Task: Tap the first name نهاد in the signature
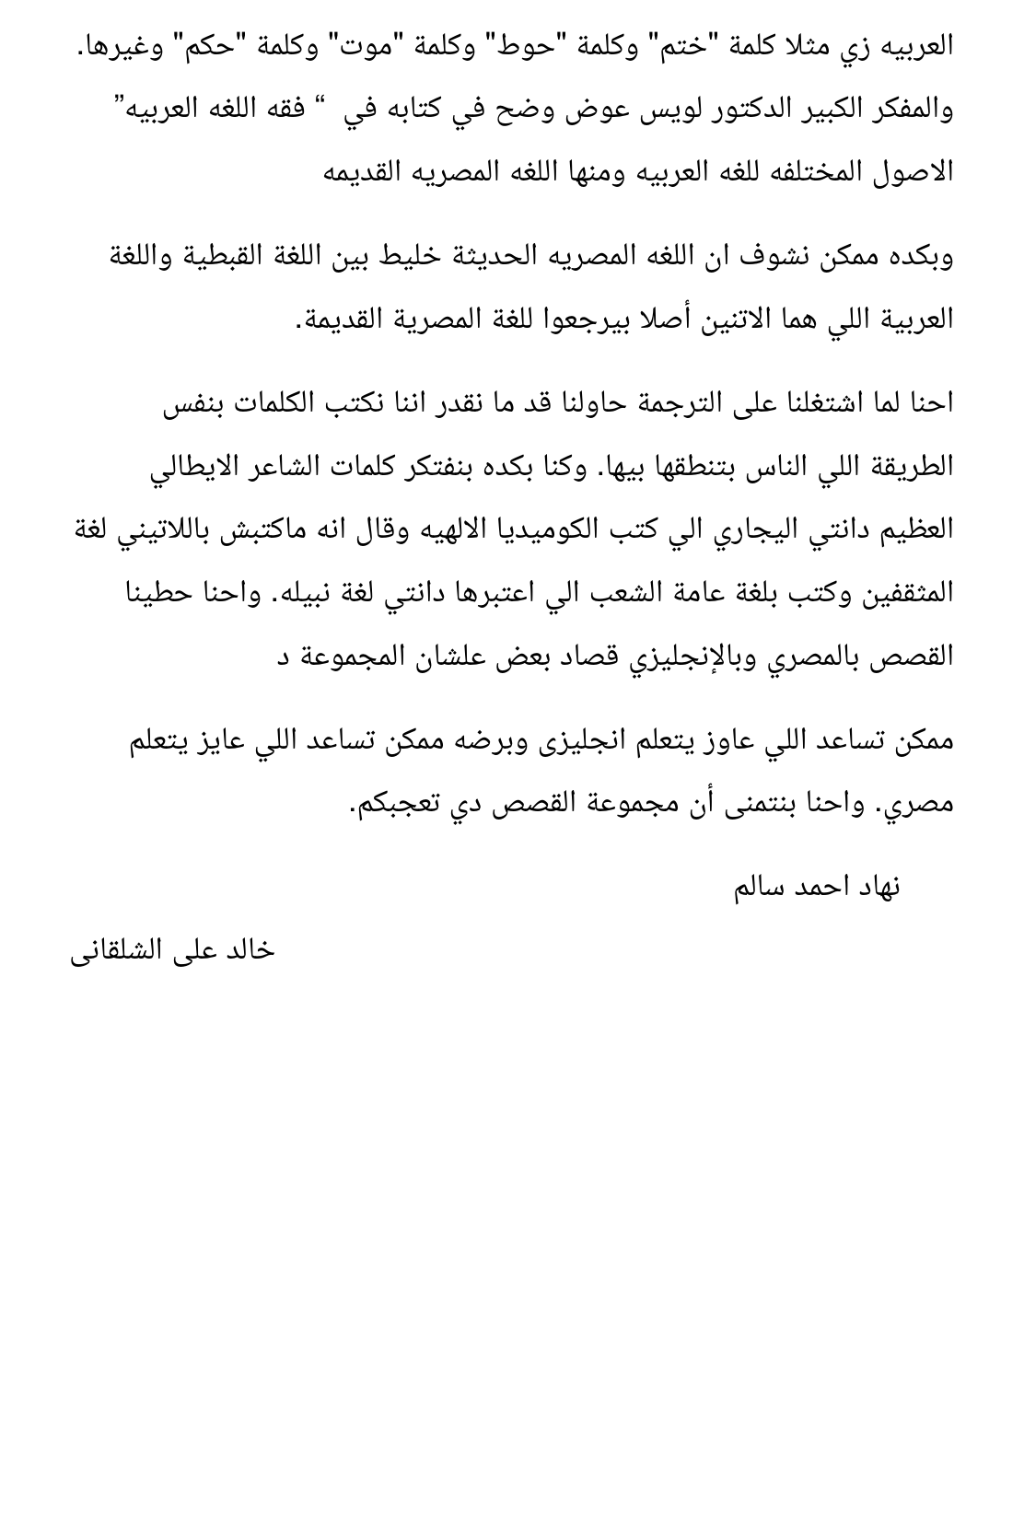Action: (874, 887)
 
